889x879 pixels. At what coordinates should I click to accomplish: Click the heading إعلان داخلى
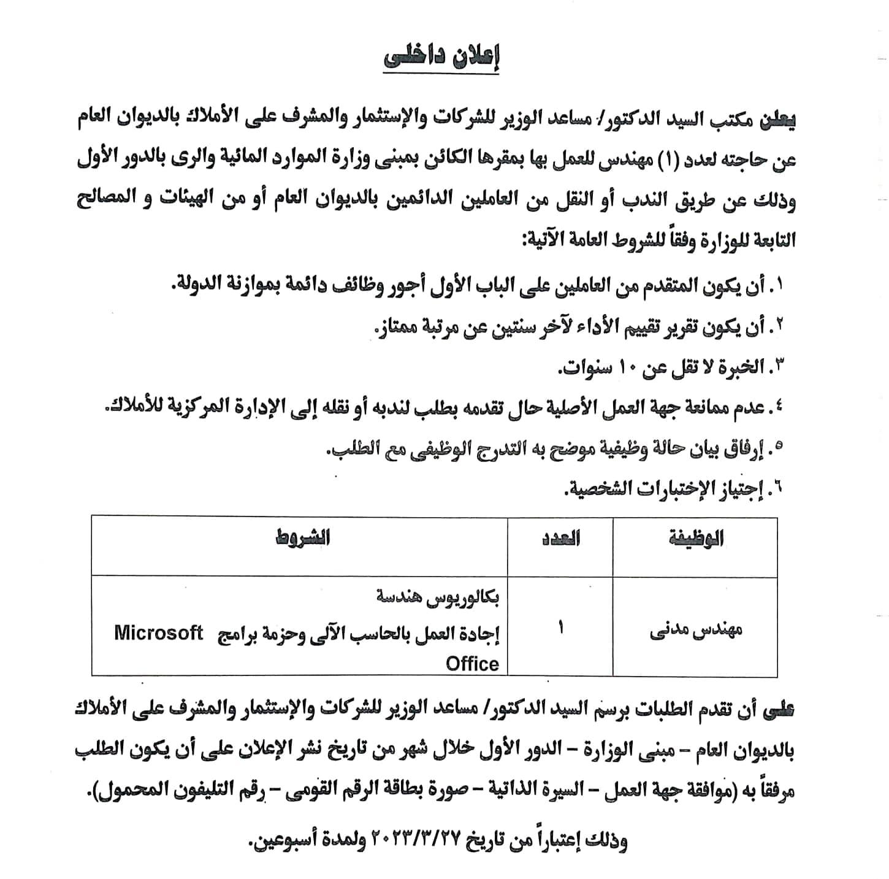pos(441,58)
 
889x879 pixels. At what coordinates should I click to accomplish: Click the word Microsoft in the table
pos(158,633)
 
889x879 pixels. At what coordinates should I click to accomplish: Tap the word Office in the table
pos(472,664)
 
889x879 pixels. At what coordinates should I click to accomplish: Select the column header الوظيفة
pos(696,539)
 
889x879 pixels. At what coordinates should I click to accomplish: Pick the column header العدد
pos(560,539)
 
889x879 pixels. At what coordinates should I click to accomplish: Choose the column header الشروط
pos(301,538)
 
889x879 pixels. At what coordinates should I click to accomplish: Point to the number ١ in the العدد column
pos(560,629)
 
